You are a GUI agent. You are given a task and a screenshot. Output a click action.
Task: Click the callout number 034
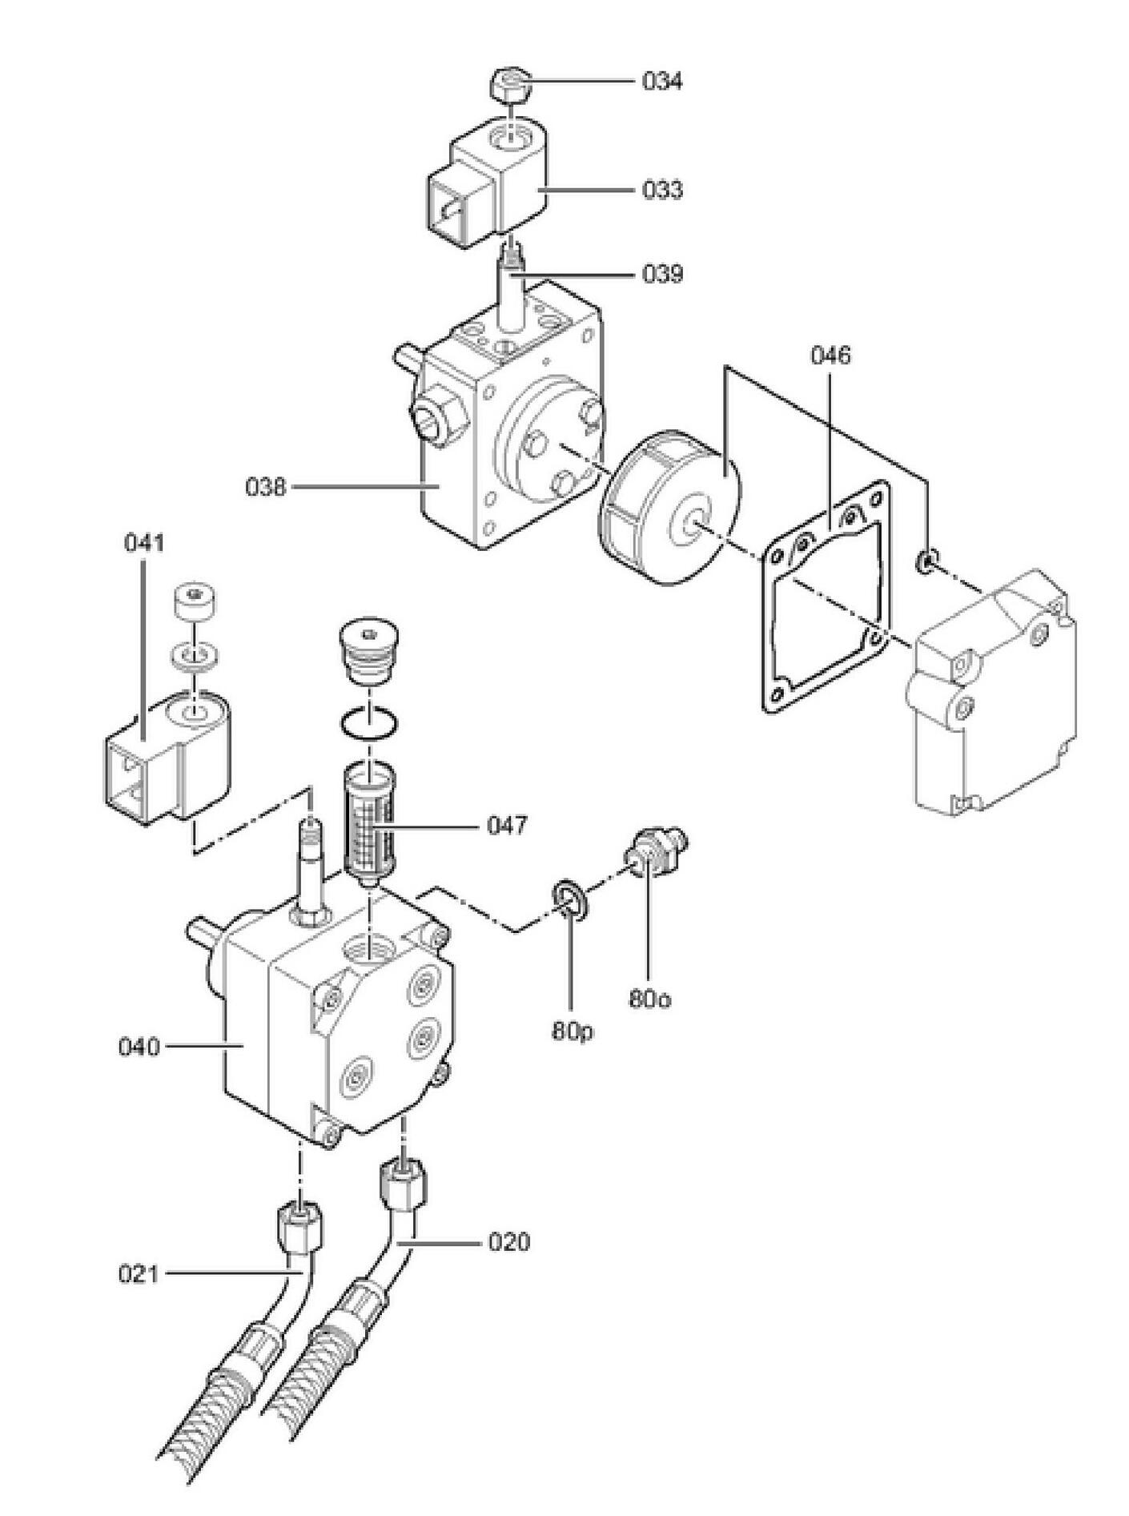pos(662,81)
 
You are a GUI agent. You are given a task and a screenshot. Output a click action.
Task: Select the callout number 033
pos(662,190)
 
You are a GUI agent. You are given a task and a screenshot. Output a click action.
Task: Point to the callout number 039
pos(662,275)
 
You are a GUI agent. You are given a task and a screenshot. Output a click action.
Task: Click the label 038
pos(266,486)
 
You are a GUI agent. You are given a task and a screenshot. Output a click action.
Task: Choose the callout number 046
pos(830,355)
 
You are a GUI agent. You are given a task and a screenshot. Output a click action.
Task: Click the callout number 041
pos(144,543)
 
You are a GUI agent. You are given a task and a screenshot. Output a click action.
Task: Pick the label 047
pos(507,824)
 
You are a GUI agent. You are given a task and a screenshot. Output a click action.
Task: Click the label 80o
pos(649,999)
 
